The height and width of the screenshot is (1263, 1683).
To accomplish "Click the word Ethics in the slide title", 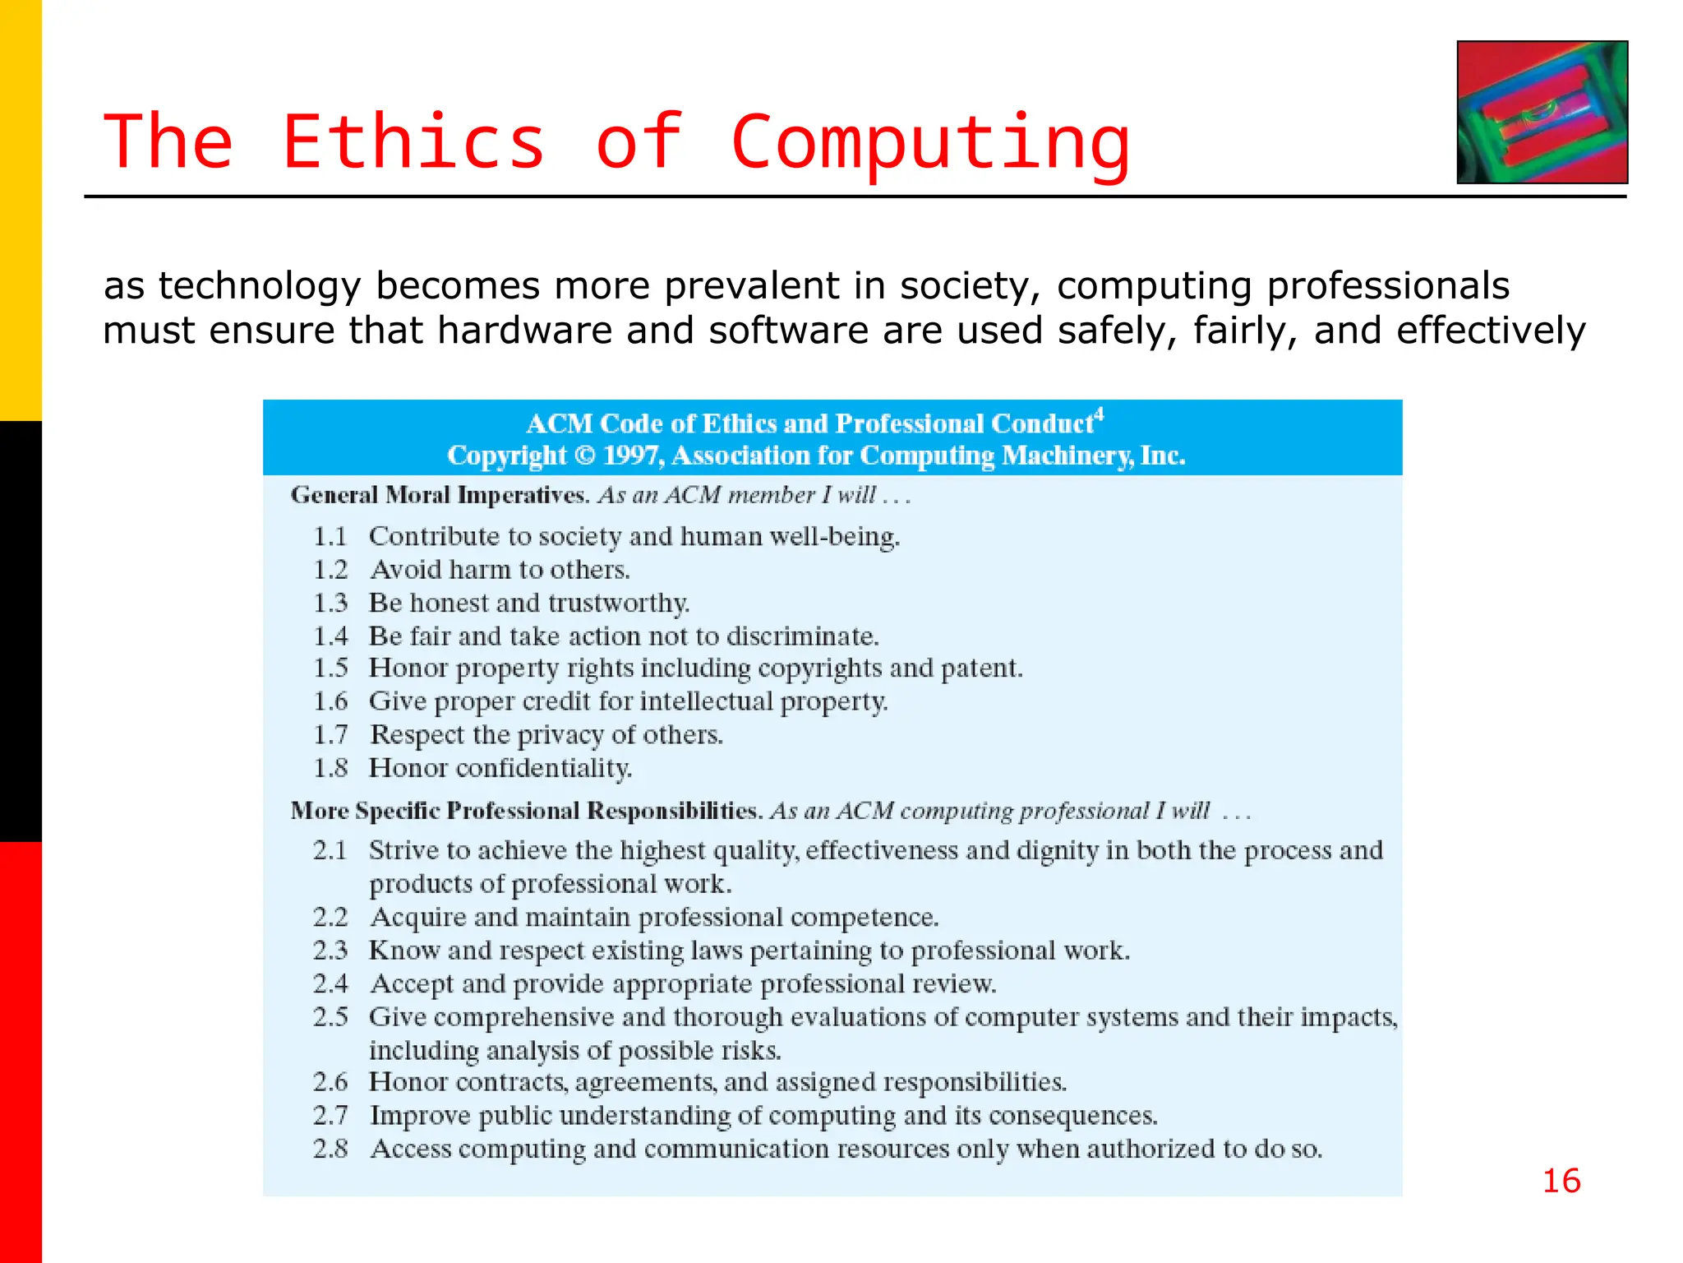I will tap(413, 142).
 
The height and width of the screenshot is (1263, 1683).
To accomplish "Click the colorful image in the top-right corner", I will tap(1542, 112).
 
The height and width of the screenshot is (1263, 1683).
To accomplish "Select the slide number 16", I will tap(1561, 1181).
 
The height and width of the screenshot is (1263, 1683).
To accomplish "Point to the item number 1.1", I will tap(330, 537).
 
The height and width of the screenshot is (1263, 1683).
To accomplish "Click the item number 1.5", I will tap(330, 669).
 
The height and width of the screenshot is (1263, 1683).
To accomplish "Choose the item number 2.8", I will tap(330, 1149).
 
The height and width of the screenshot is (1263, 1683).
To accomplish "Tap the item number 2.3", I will tap(330, 951).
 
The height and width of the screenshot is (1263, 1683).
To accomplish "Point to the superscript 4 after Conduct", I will tap(1100, 414).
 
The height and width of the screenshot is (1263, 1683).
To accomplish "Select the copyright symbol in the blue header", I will tap(584, 456).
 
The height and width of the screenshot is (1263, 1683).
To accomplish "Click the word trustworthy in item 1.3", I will tap(619, 604).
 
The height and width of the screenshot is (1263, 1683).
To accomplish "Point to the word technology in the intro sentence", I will tap(260, 286).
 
